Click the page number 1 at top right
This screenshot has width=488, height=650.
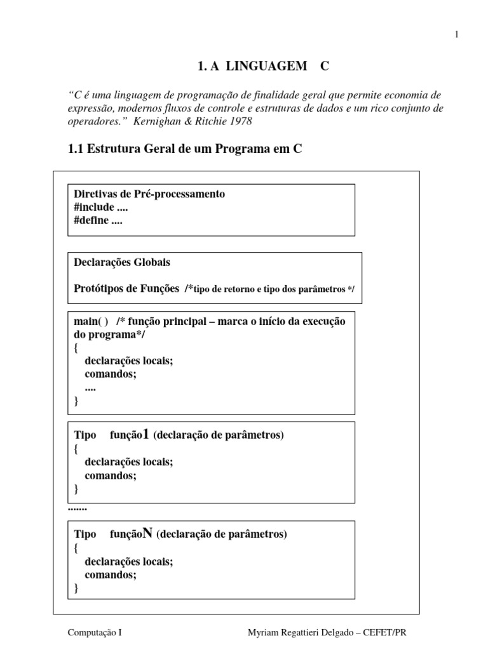[x=456, y=35]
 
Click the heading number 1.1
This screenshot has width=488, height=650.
[x=76, y=150]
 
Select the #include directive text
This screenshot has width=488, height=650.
[x=94, y=208]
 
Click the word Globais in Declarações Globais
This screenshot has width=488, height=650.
[x=151, y=262]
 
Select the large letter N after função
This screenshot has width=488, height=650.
[x=148, y=533]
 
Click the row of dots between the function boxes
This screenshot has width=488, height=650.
[x=77, y=508]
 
